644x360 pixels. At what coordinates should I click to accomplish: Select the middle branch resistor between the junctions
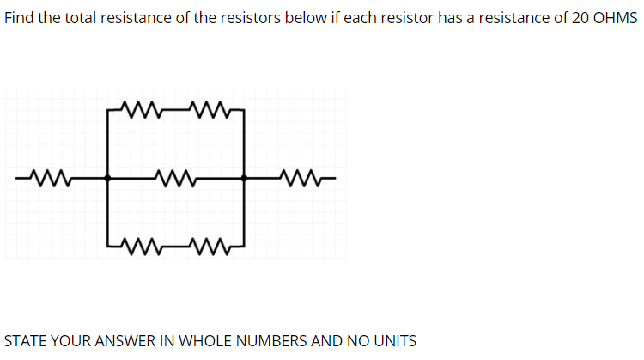(179, 179)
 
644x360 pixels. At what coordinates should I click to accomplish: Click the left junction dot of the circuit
(106, 179)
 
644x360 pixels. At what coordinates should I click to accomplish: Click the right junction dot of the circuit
(246, 179)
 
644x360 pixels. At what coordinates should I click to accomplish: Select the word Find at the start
(19, 19)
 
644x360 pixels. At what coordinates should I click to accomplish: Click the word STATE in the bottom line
(25, 340)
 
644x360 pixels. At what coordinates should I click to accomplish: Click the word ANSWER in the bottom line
(122, 340)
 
